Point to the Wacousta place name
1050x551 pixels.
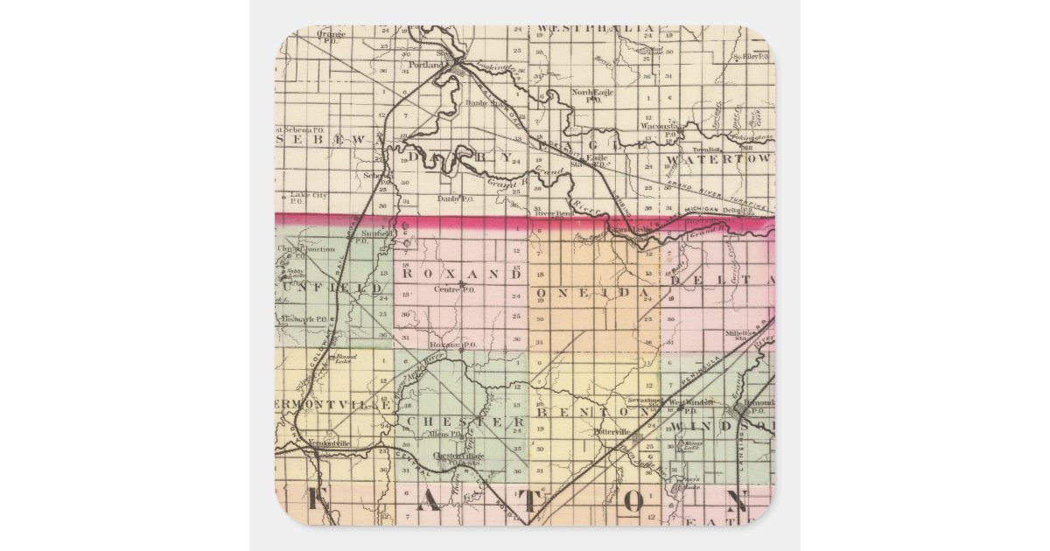(659, 126)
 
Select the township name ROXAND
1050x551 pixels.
(461, 274)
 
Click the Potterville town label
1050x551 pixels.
(612, 432)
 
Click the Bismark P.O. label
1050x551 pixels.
(304, 319)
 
